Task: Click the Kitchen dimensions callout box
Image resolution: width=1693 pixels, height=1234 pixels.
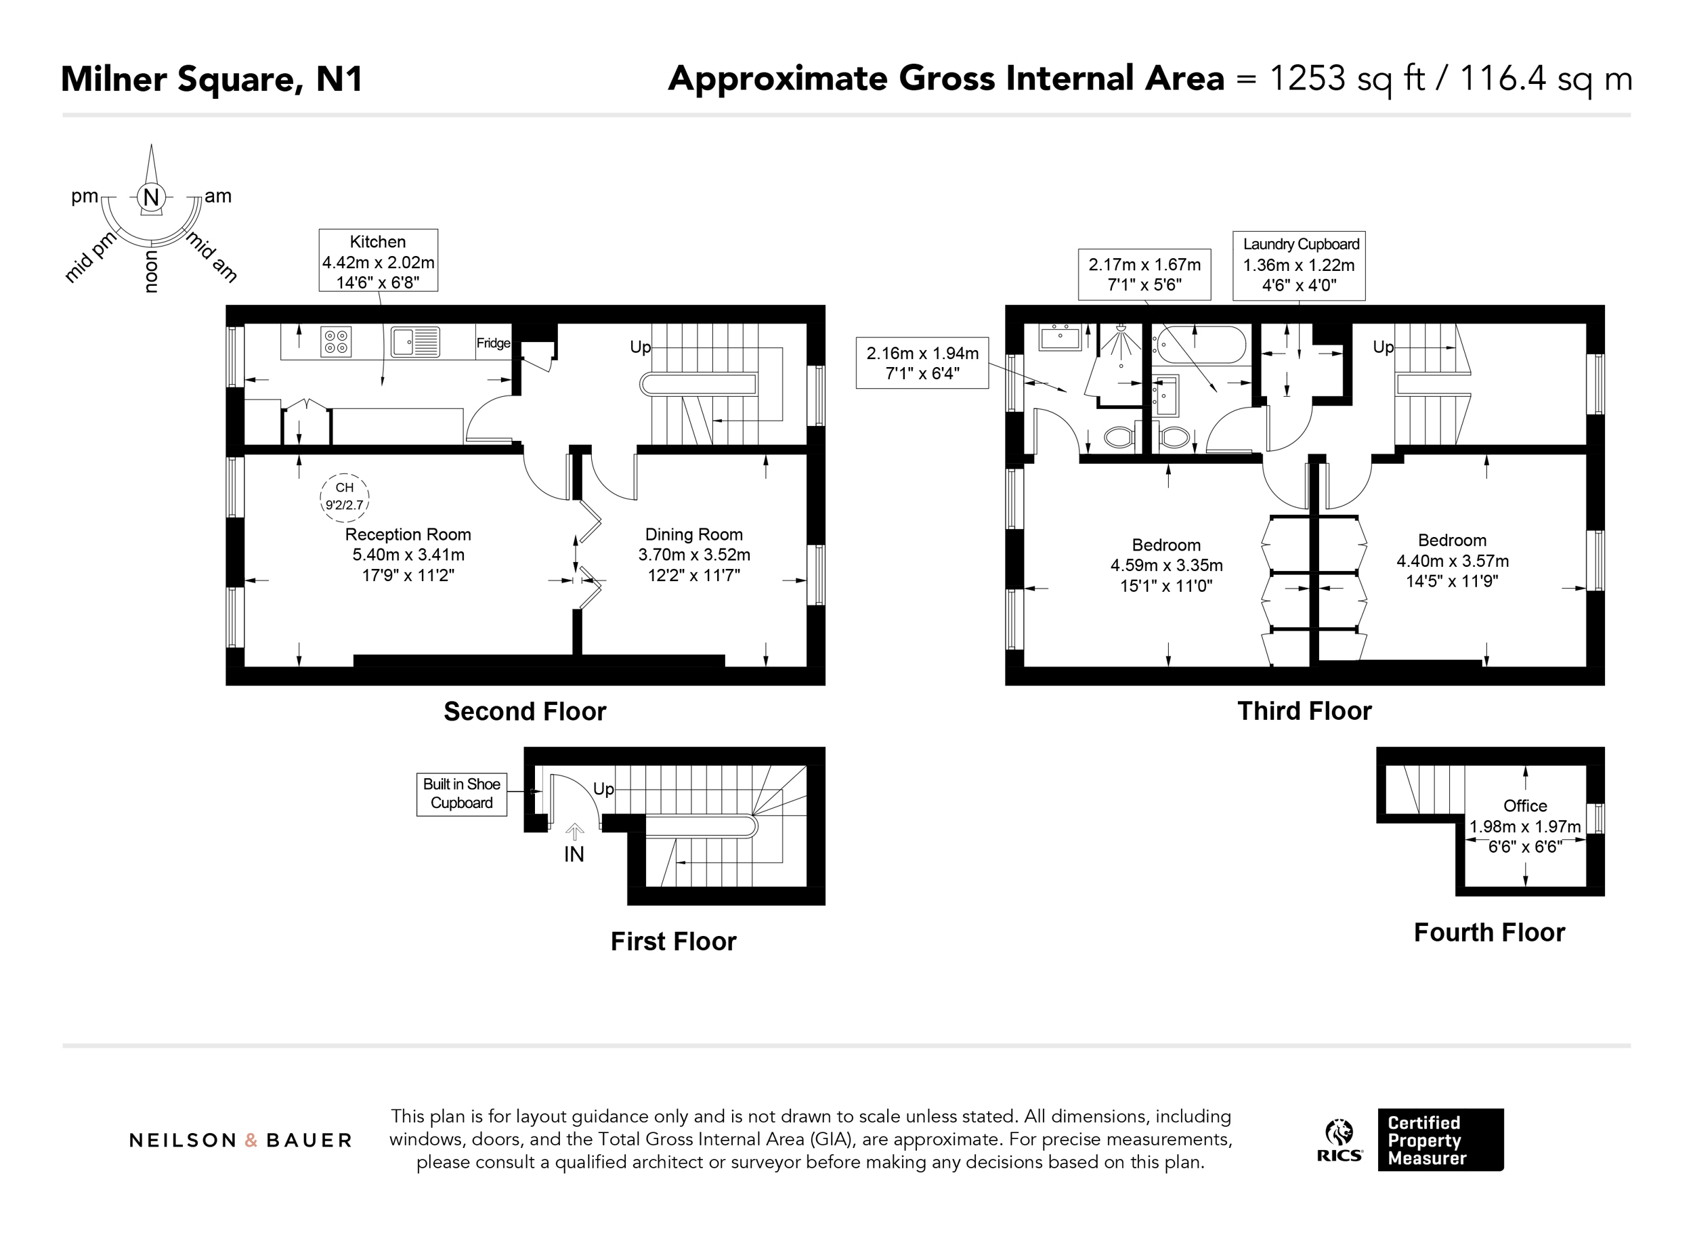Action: [378, 260]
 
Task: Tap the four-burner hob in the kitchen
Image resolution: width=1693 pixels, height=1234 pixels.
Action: [336, 342]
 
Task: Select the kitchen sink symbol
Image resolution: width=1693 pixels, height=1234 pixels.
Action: [415, 342]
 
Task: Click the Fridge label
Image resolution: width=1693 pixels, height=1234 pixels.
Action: [494, 343]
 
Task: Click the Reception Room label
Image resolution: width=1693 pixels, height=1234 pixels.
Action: [408, 535]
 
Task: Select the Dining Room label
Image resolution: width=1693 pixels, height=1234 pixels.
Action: [693, 535]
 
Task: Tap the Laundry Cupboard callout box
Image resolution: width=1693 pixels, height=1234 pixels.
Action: [1299, 265]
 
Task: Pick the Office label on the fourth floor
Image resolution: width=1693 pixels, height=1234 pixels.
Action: [1525, 806]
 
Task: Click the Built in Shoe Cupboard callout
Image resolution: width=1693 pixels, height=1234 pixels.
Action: [462, 794]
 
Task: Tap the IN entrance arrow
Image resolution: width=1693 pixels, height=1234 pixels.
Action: [574, 832]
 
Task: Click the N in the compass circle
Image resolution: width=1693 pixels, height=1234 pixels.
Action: [152, 197]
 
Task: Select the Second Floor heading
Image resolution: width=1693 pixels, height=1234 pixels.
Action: [525, 711]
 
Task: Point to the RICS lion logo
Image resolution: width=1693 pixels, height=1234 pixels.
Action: [1339, 1140]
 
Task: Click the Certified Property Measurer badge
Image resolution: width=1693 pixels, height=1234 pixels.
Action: [1440, 1140]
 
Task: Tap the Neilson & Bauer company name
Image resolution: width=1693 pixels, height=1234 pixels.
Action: [240, 1141]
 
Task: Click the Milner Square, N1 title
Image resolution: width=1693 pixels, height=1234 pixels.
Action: [212, 79]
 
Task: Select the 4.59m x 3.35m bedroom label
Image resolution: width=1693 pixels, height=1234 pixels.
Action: [1167, 566]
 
